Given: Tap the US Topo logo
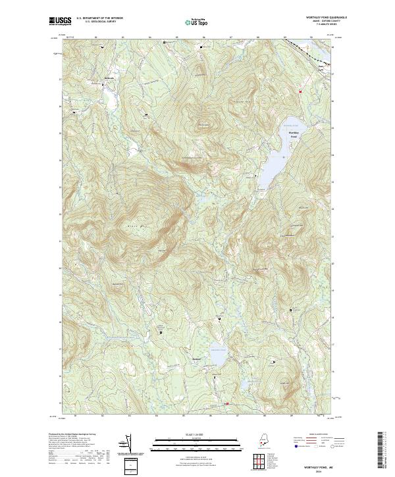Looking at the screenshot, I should tap(197, 22).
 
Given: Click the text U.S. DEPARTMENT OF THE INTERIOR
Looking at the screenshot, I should tap(99, 18).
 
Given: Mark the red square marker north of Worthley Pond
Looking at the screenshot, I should tap(300, 91).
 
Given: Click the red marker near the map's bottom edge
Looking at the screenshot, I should tap(226, 403).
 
